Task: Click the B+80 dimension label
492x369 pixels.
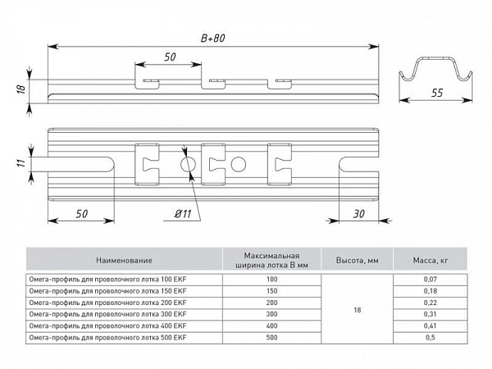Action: [x=213, y=39]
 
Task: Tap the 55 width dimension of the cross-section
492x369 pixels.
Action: [x=437, y=93]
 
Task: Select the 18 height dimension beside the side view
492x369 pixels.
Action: [x=21, y=89]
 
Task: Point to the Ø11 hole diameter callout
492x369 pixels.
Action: [x=183, y=214]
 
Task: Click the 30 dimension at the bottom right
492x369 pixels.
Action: [x=358, y=214]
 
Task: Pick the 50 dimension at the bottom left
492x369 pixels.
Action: [x=81, y=214]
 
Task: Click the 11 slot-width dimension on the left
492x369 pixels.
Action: [x=20, y=163]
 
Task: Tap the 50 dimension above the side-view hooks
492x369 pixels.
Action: [x=170, y=57]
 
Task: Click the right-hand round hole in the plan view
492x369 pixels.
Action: [x=239, y=164]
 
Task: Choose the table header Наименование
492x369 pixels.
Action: [x=125, y=260]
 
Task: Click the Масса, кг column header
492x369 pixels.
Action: [x=430, y=260]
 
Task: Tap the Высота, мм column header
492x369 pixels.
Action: [x=357, y=260]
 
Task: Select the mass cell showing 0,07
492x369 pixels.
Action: [x=430, y=280]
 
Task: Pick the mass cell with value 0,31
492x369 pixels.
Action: [x=430, y=314]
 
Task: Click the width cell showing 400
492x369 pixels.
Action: [x=271, y=326]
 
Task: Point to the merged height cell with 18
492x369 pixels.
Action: [x=357, y=309]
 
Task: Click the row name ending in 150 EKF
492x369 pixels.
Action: [x=107, y=291]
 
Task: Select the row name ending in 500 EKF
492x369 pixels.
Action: [x=107, y=338]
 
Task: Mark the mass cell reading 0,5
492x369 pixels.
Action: [x=430, y=338]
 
